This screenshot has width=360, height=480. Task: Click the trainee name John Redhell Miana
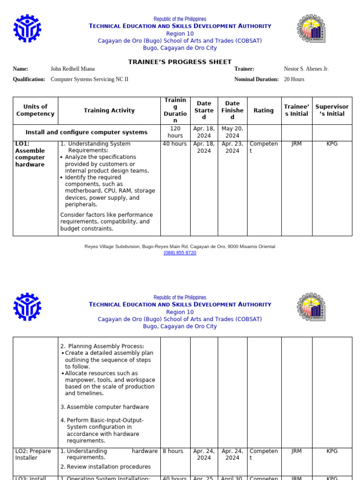click(x=72, y=69)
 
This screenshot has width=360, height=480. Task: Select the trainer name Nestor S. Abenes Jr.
click(x=306, y=69)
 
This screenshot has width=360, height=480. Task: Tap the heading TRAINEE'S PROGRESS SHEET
click(x=180, y=62)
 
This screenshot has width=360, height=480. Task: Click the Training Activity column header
click(x=109, y=111)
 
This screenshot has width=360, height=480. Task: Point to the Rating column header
click(x=263, y=111)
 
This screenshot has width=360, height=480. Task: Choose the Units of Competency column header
click(x=35, y=111)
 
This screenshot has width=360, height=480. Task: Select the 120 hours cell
click(x=175, y=132)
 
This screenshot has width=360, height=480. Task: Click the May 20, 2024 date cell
click(x=232, y=132)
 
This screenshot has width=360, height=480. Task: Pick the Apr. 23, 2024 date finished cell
click(x=232, y=147)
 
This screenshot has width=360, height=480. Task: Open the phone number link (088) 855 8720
click(x=180, y=253)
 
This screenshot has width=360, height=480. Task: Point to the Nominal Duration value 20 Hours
click(x=294, y=79)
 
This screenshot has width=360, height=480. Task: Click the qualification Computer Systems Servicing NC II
click(x=89, y=79)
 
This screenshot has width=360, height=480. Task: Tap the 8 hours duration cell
click(x=173, y=451)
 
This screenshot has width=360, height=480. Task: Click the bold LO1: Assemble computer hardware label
click(x=30, y=154)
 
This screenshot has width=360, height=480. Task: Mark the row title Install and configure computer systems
click(x=86, y=133)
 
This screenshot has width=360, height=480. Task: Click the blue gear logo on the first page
click(x=27, y=29)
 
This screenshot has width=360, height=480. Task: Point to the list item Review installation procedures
click(x=108, y=467)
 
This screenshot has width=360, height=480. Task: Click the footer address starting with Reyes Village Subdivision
click(x=180, y=247)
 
